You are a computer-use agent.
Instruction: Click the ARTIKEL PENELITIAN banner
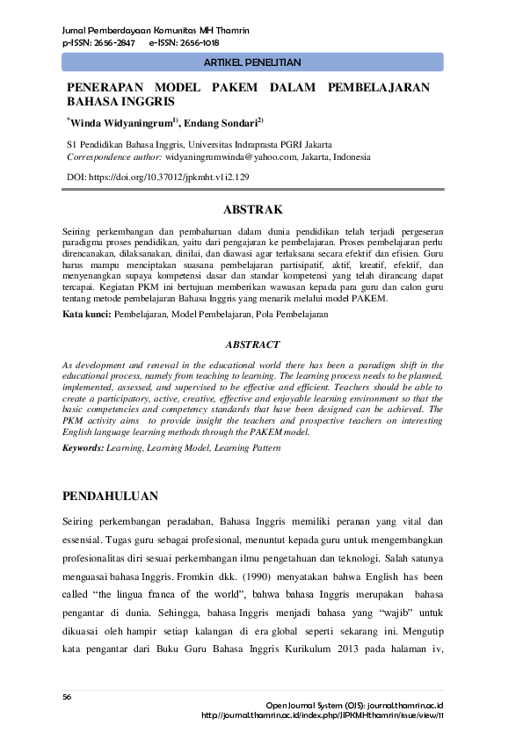click(252, 62)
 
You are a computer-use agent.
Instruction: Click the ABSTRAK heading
click(252, 209)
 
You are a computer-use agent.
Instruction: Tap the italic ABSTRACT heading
click(252, 345)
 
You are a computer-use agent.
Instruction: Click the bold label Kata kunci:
click(87, 314)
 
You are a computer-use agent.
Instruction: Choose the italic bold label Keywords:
click(83, 448)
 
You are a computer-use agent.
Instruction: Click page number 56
click(67, 696)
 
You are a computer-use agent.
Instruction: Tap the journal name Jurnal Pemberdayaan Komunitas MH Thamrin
click(156, 31)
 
